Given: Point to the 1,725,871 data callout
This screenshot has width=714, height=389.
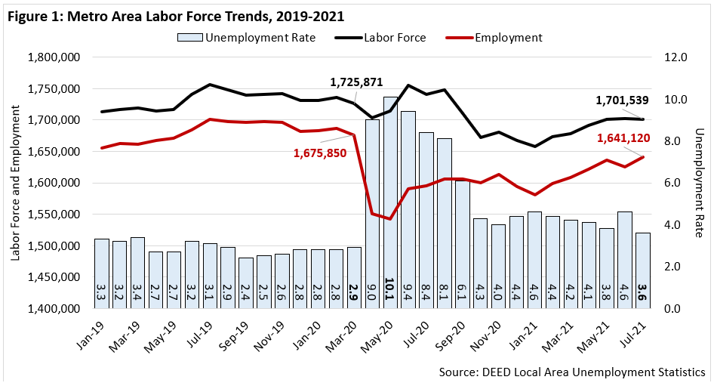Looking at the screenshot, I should [x=357, y=82].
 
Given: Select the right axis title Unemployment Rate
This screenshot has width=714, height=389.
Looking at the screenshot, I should [x=699, y=183].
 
